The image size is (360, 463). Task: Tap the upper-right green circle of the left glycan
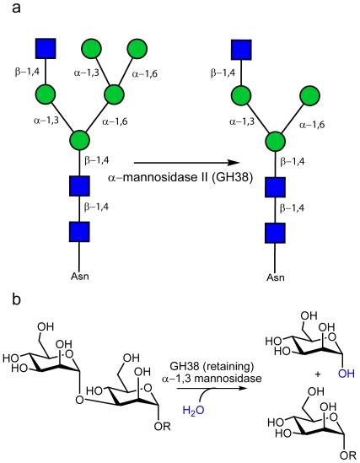[141, 44]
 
